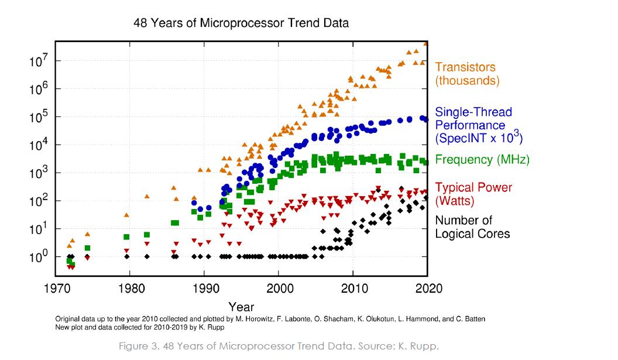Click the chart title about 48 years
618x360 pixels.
(x=241, y=23)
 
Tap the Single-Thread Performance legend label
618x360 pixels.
(x=479, y=125)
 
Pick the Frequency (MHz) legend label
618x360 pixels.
(x=482, y=160)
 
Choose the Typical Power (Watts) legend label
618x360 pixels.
(x=473, y=194)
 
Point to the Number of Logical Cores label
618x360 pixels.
(x=472, y=227)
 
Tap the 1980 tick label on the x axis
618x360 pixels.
(x=129, y=289)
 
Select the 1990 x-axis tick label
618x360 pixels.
(x=204, y=289)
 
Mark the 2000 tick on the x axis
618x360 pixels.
(x=278, y=289)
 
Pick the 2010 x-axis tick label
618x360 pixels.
(x=353, y=289)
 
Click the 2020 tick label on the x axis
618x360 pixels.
(x=428, y=289)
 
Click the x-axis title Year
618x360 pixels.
(x=241, y=306)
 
